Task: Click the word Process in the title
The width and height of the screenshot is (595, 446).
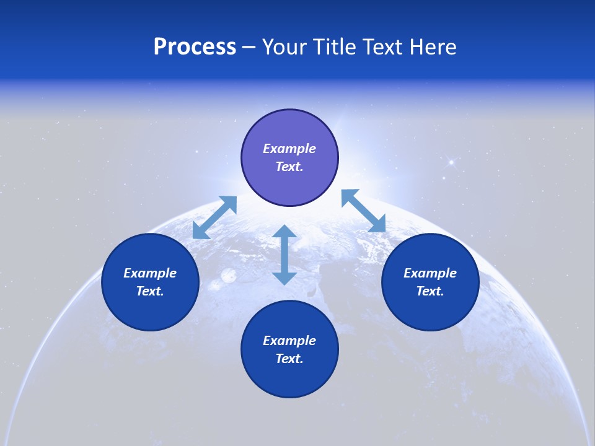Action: click(x=195, y=47)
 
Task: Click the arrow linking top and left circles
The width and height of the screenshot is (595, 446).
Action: click(x=214, y=217)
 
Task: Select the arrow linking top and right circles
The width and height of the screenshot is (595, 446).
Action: click(x=363, y=211)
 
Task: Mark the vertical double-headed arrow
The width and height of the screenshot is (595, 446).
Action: click(x=284, y=255)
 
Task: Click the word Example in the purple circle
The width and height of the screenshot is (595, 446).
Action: click(x=289, y=149)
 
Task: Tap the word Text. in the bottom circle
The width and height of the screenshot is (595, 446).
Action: click(x=289, y=359)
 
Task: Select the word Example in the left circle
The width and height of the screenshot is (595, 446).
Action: click(x=150, y=273)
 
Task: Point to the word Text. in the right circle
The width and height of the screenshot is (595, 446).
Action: click(x=430, y=291)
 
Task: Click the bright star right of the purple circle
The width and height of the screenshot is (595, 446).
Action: click(x=451, y=162)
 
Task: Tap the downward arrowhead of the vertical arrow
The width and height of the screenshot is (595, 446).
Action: click(x=284, y=277)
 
